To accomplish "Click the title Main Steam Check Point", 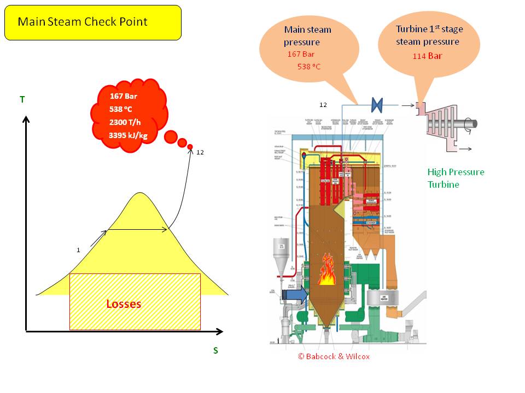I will tap(82, 22).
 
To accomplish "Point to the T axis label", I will tap(22, 99).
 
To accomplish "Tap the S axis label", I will tap(215, 350).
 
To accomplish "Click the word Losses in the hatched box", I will tap(124, 304).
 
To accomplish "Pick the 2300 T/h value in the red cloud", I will tap(126, 121).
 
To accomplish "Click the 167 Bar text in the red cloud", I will tap(124, 96).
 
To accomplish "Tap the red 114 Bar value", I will tap(428, 56).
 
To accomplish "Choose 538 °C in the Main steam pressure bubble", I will tap(309, 67).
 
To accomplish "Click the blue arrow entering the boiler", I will tap(295, 295).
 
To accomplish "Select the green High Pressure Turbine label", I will tap(456, 178).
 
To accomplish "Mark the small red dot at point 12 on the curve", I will tap(190, 147).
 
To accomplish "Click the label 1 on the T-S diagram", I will tap(78, 250).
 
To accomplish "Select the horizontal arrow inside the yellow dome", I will tap(137, 230).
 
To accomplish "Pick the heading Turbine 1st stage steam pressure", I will tap(428, 35).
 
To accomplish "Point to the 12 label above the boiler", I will tap(323, 104).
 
